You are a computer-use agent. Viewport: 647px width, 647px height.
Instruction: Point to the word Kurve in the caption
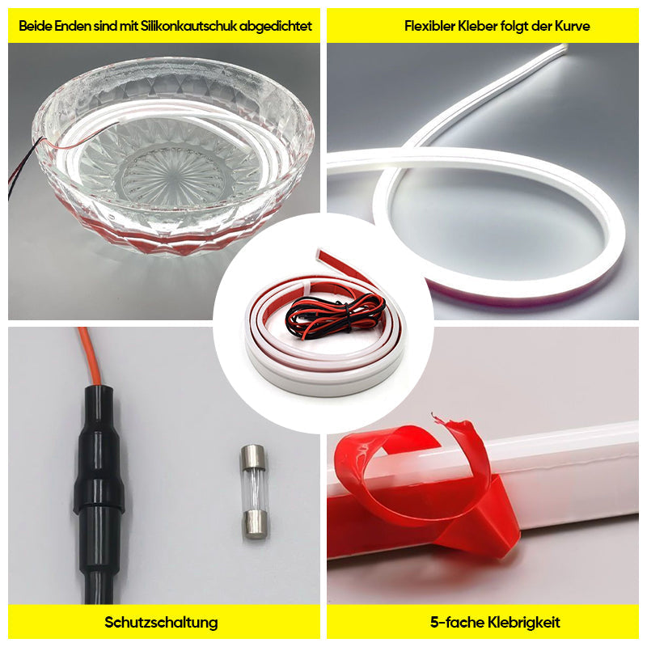573,26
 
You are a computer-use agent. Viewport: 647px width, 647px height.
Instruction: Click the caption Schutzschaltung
161,623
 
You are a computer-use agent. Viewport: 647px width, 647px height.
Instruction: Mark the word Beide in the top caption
36,26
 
